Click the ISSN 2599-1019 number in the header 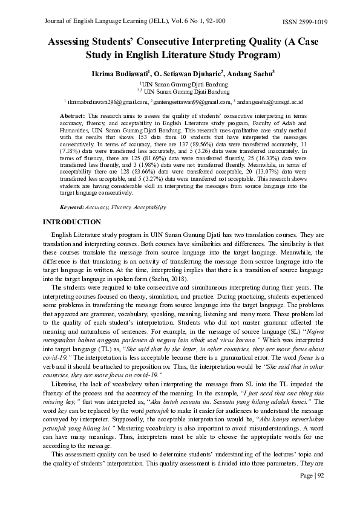(x=305, y=22)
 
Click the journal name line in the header (x=135, y=21)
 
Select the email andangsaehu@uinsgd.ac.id (x=266, y=102)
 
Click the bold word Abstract (x=72, y=115)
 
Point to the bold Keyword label (x=72, y=207)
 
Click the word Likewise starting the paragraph (x=67, y=384)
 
